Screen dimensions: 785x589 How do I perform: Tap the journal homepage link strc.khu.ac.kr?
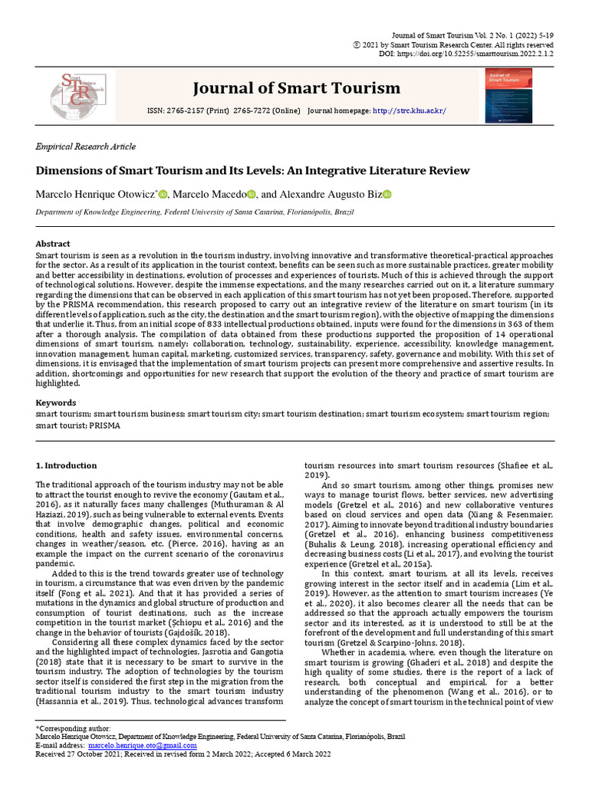[409, 111]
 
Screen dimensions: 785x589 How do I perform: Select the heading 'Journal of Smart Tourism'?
[296, 87]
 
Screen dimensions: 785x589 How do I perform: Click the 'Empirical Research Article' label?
[86, 146]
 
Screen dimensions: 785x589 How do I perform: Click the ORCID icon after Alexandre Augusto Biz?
[387, 195]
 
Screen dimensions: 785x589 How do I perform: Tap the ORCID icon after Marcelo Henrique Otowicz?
[163, 195]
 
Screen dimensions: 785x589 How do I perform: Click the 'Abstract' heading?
[53, 244]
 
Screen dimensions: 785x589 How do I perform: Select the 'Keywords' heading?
[56, 402]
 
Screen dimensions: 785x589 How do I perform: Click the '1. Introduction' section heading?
[67, 465]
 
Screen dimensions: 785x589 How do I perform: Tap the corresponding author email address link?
[142, 745]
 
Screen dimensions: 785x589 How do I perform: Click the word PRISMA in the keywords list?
[105, 424]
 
